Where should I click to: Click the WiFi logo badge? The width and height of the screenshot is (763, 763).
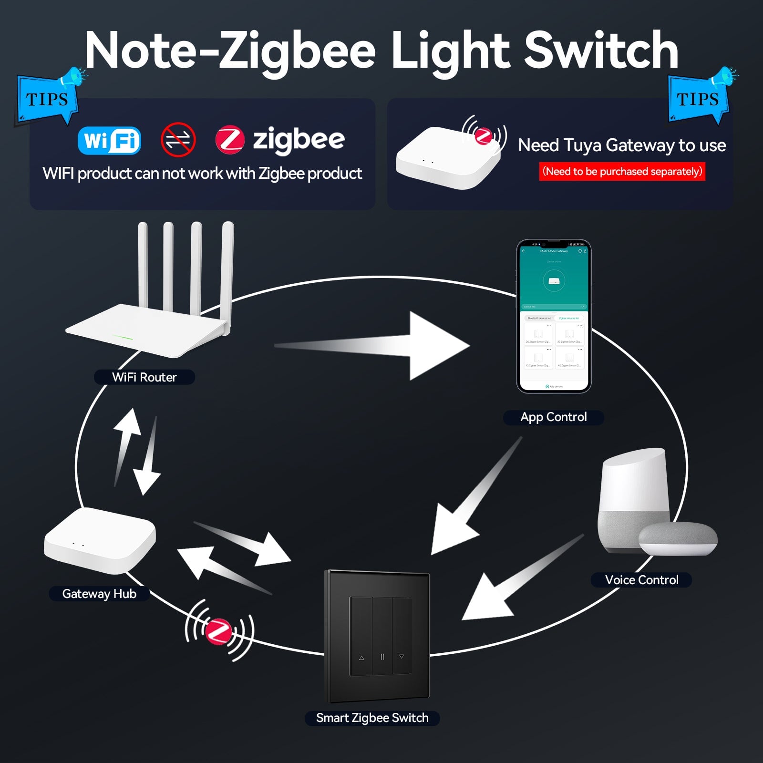tap(109, 140)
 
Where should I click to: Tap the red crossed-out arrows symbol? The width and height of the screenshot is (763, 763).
tap(178, 140)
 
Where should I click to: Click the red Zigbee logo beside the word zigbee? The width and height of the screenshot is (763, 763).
tap(230, 140)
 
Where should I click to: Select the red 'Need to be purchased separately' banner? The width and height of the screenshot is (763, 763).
tap(622, 172)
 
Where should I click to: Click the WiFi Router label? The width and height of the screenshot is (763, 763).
tap(144, 377)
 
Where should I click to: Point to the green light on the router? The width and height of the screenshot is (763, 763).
tap(123, 338)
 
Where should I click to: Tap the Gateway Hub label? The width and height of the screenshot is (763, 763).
tap(99, 594)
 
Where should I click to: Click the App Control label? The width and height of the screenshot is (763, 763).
tap(553, 417)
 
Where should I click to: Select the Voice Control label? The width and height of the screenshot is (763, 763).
tap(641, 580)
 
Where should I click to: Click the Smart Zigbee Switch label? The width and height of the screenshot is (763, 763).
tap(372, 718)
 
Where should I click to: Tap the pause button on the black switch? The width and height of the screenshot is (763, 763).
tap(382, 657)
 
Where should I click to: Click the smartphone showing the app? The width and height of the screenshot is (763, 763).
tap(554, 316)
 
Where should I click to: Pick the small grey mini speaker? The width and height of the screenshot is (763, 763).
tap(678, 538)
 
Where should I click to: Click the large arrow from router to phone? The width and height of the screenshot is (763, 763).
tap(381, 346)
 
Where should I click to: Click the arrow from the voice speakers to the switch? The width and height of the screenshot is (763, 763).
tap(510, 587)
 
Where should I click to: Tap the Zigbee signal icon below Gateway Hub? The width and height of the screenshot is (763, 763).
tap(219, 630)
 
